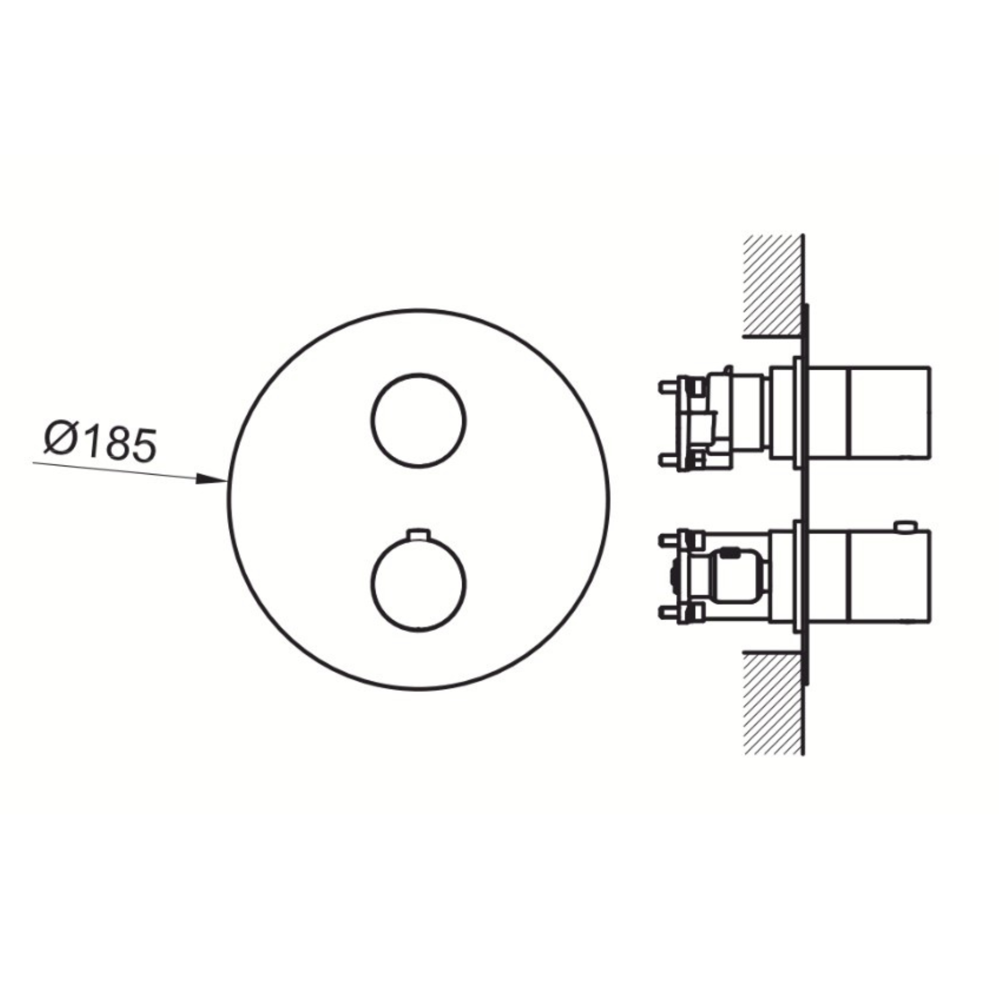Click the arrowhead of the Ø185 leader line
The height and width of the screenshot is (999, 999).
click(x=212, y=479)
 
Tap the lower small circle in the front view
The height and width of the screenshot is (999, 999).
click(x=419, y=583)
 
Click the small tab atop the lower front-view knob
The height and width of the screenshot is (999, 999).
click(x=419, y=534)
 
